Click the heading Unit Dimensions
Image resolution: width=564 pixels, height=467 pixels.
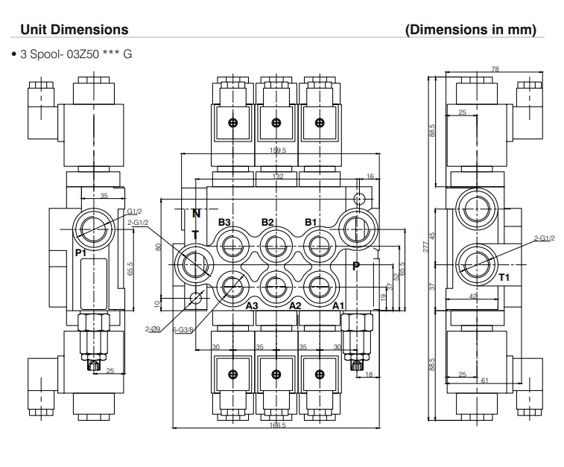74,30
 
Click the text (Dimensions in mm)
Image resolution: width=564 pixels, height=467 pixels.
470,30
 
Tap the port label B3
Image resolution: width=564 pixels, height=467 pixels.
225,223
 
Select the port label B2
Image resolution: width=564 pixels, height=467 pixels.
268,223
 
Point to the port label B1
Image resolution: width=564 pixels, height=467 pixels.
311,223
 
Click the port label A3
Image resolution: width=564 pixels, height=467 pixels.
252,305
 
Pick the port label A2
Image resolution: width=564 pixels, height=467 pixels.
295,305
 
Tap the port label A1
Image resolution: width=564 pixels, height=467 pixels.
338,305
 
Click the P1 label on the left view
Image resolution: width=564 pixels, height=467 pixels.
81,253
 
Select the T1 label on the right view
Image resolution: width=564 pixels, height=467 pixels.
504,277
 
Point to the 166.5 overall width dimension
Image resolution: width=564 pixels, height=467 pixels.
277,425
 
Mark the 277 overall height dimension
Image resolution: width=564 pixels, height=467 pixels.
426,247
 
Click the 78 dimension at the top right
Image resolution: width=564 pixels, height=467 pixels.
495,69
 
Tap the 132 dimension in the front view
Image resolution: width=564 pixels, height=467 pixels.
278,177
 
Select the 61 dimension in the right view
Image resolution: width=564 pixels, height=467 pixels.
485,381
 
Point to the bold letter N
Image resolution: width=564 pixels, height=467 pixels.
196,213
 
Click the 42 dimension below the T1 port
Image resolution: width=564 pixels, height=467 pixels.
472,296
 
